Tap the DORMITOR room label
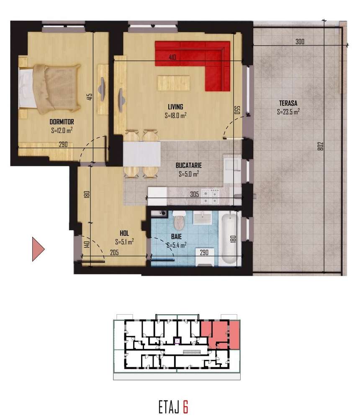62,121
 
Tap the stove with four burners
211,195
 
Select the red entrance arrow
38,249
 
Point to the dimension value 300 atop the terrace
299,42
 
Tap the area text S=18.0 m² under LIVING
175,116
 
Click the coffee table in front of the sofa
173,82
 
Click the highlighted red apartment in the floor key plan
220,335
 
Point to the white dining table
142,154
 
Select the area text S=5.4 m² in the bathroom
176,246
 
